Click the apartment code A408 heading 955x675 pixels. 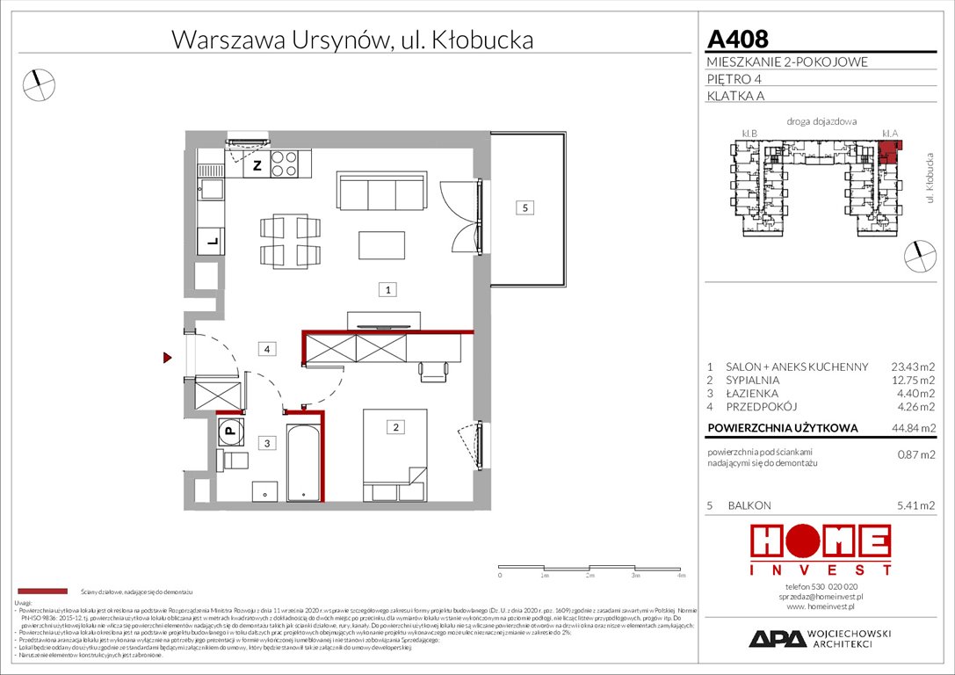[738, 39]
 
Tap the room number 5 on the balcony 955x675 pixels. [525, 208]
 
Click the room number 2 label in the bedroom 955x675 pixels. [396, 428]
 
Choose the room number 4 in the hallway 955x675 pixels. [267, 350]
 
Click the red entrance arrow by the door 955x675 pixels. [165, 358]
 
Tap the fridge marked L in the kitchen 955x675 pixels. [211, 238]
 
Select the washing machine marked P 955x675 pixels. [229, 430]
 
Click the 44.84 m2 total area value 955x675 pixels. [915, 427]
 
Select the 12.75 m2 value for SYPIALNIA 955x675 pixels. [915, 381]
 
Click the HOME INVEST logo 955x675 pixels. [819, 552]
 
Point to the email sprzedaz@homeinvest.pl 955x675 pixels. [821, 596]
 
